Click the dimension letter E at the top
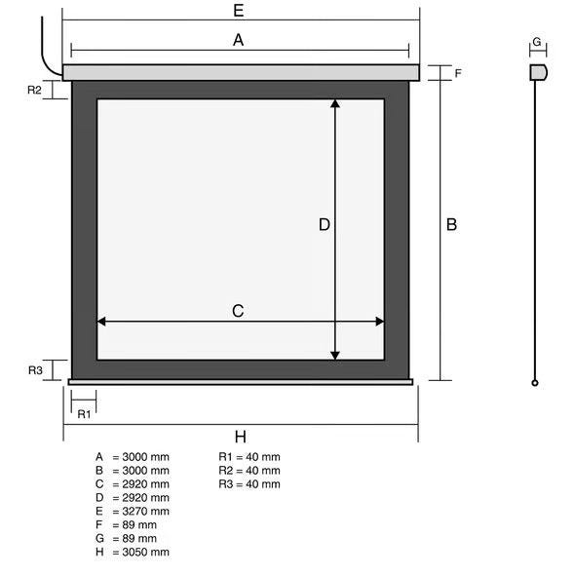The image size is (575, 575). (239, 11)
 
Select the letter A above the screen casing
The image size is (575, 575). (239, 40)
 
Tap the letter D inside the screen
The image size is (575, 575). (325, 224)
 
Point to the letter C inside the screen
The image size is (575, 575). (238, 311)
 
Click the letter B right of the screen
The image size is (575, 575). (451, 224)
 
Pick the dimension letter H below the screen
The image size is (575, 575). (241, 437)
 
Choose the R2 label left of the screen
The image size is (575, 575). (34, 90)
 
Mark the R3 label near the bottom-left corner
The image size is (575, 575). (35, 370)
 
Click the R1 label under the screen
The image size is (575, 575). (84, 414)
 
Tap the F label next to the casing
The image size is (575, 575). (458, 73)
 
